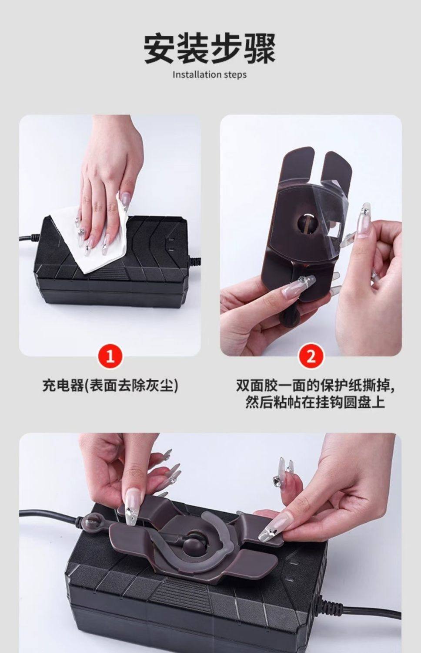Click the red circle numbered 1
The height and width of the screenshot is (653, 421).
point(110,356)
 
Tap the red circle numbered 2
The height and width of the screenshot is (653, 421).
point(311,356)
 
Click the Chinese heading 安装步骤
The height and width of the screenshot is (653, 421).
point(210,48)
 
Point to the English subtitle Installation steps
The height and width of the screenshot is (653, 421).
point(210,74)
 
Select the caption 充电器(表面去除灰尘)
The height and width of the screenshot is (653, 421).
point(110,386)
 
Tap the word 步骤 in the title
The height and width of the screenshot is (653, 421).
point(243,48)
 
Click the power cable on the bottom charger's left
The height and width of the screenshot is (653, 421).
point(50,515)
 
